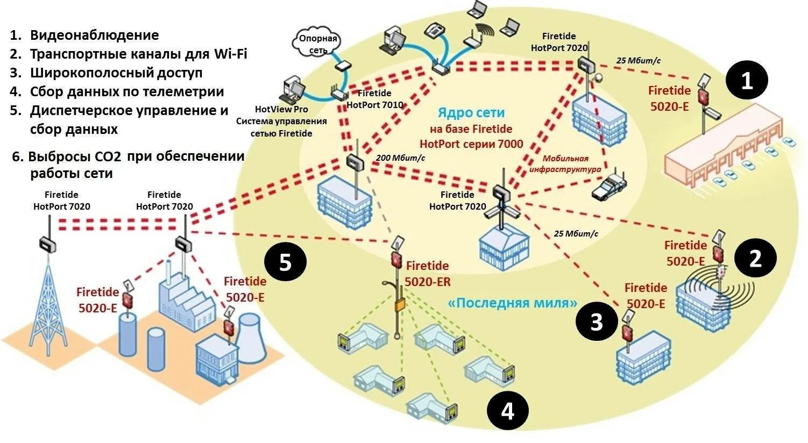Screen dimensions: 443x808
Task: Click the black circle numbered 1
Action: (747, 81)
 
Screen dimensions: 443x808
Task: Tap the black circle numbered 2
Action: (755, 259)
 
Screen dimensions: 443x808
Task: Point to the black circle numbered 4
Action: (507, 411)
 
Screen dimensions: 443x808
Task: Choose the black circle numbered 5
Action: (285, 263)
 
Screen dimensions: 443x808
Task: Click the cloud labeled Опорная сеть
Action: (317, 44)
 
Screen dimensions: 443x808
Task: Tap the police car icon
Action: (609, 187)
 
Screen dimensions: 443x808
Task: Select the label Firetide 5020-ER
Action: (428, 273)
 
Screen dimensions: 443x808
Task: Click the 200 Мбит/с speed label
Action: (400, 158)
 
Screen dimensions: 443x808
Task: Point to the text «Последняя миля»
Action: (512, 303)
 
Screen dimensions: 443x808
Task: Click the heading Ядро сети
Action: (471, 112)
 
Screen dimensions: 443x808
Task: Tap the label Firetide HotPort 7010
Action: (374, 99)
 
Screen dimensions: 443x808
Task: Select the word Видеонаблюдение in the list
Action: (94, 35)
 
